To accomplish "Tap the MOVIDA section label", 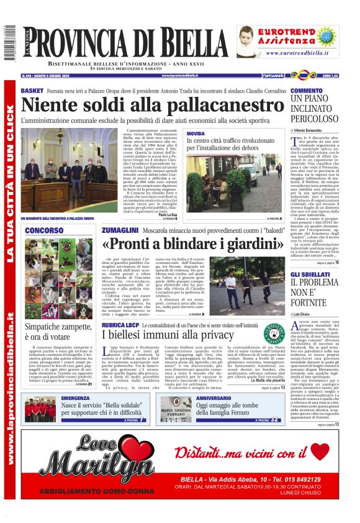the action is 196,134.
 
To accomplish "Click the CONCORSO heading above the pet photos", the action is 43,231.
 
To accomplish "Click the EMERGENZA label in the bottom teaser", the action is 75,398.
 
